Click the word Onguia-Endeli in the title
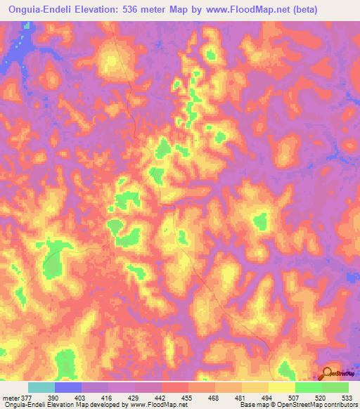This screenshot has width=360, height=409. coord(42,10)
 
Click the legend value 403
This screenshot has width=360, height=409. coord(81,397)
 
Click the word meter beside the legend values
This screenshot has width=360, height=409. coord(11,397)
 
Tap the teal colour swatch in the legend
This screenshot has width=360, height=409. coord(41,387)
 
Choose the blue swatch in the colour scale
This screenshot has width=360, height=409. coord(68,387)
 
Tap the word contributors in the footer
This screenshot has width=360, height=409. coord(337,405)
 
